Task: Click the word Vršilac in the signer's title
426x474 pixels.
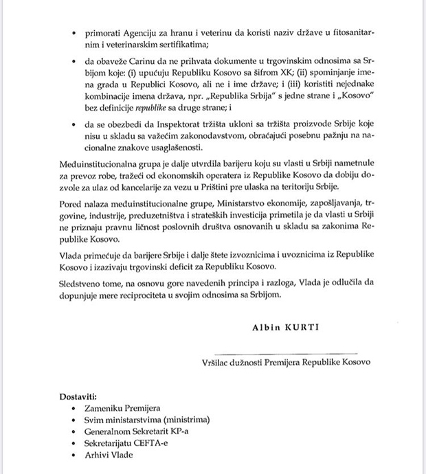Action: (219, 361)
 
